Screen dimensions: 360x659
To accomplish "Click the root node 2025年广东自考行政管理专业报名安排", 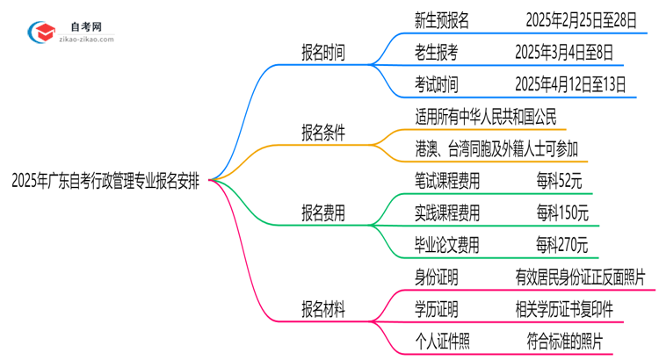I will pyautogui.click(x=105, y=182).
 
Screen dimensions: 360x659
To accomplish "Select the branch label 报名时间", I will pyautogui.click(x=323, y=52).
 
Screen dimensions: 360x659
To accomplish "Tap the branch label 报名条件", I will pyautogui.click(x=323, y=133).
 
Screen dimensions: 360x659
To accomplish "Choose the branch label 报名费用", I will pyautogui.click(x=323, y=212).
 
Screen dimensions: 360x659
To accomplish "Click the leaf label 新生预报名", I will pyautogui.click(x=441, y=19).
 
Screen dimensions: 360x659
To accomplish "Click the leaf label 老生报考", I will pyautogui.click(x=436, y=52).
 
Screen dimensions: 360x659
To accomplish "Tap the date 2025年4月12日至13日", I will pyautogui.click(x=571, y=84).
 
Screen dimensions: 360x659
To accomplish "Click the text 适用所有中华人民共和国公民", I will pyautogui.click(x=486, y=117).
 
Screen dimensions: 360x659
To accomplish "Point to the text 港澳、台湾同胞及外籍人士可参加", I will pyautogui.click(x=496, y=148).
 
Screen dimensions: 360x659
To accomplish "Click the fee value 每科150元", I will pyautogui.click(x=562, y=212).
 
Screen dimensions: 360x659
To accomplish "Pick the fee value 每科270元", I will pyautogui.click(x=562, y=245).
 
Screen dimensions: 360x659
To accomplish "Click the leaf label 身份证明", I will pyautogui.click(x=436, y=277).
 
